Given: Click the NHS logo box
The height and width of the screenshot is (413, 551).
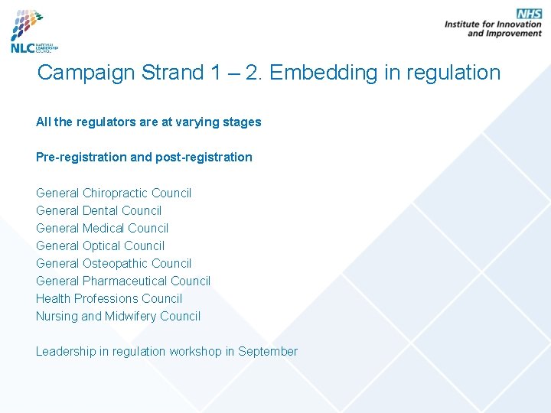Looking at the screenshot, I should click(x=529, y=14).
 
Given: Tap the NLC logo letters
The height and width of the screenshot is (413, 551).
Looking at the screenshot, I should click(x=22, y=47).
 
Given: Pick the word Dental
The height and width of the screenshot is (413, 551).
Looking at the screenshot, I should click(x=102, y=210).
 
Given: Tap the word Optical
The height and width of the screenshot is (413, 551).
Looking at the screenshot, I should click(x=103, y=246).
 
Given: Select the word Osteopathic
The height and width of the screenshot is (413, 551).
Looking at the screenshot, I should click(x=116, y=263).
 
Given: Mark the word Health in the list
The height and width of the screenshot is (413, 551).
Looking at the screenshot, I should click(x=53, y=298).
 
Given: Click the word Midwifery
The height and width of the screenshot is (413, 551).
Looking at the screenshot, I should click(x=131, y=316).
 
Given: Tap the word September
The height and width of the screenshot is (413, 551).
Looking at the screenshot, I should click(x=267, y=351).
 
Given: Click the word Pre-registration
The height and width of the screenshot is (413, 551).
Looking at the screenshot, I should click(x=81, y=157).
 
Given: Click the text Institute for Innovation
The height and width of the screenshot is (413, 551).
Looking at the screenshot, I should click(x=493, y=24).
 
